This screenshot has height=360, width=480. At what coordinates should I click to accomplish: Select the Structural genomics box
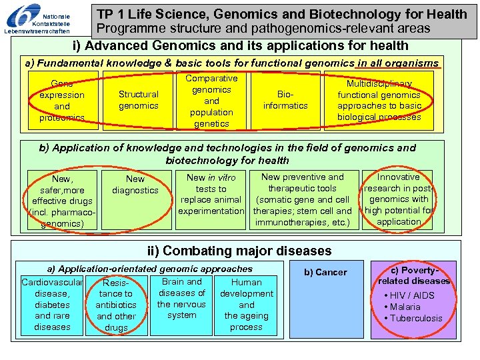click(x=139, y=100)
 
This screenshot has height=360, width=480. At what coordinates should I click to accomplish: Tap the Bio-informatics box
click(x=285, y=100)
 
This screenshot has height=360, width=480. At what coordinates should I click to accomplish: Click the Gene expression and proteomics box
click(x=62, y=101)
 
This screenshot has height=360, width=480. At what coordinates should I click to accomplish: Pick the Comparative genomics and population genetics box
click(x=211, y=101)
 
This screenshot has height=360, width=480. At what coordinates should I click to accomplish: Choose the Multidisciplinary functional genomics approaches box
click(x=379, y=101)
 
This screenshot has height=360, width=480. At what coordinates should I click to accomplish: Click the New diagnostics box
click(x=135, y=185)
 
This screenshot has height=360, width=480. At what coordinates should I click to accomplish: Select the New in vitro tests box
click(x=211, y=194)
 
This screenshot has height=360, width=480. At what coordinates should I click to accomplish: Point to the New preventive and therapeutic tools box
click(x=303, y=199)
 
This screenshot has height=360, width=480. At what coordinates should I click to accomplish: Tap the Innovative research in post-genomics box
click(x=399, y=199)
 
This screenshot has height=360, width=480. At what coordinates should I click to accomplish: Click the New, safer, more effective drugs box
click(x=63, y=201)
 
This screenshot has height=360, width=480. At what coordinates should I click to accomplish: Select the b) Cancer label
click(x=325, y=272)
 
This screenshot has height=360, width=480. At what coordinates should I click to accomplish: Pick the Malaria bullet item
click(x=403, y=307)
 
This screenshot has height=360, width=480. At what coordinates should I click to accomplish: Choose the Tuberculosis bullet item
click(x=413, y=318)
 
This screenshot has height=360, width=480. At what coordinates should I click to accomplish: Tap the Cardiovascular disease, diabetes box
click(x=52, y=305)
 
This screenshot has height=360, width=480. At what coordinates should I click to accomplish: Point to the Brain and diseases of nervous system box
click(x=182, y=299)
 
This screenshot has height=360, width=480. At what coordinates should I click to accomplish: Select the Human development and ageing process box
click(x=246, y=305)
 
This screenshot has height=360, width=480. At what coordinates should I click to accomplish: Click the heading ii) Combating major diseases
click(x=239, y=251)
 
